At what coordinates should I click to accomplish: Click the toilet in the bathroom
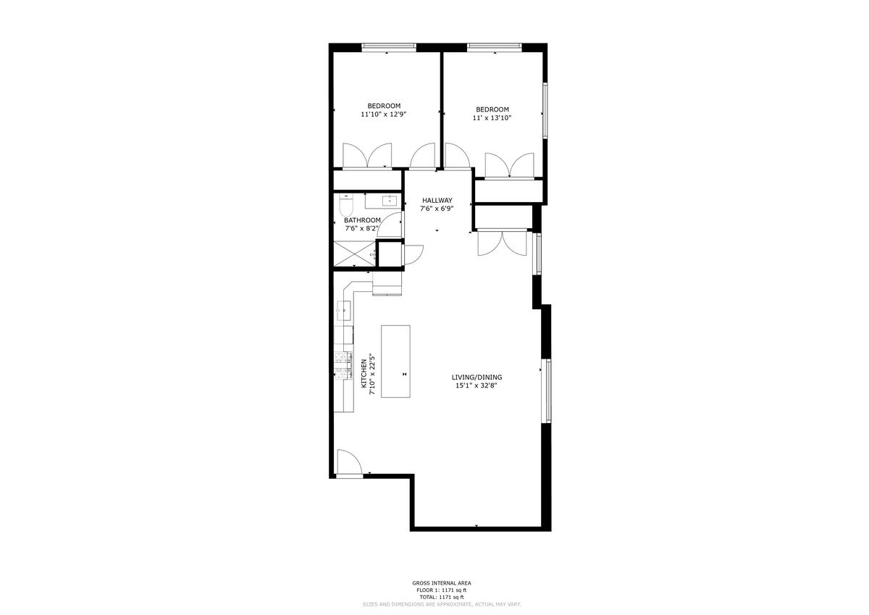345,205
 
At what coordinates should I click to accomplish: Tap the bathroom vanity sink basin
388,201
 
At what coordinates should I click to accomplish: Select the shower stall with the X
355,254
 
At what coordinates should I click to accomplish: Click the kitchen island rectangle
395,361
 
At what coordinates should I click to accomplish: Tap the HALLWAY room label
437,200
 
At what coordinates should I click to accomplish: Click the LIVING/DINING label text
477,377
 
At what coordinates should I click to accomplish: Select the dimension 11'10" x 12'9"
384,114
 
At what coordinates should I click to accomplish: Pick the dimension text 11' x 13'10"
492,118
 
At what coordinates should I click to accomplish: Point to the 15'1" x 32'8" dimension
477,385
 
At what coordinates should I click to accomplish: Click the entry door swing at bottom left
349,461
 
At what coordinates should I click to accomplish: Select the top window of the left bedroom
389,47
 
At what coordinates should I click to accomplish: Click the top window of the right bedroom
494,47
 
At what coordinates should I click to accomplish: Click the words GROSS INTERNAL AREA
442,583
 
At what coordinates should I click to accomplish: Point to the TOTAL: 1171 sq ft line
442,597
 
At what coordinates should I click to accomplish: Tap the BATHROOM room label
362,220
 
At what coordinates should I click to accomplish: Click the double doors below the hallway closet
502,243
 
